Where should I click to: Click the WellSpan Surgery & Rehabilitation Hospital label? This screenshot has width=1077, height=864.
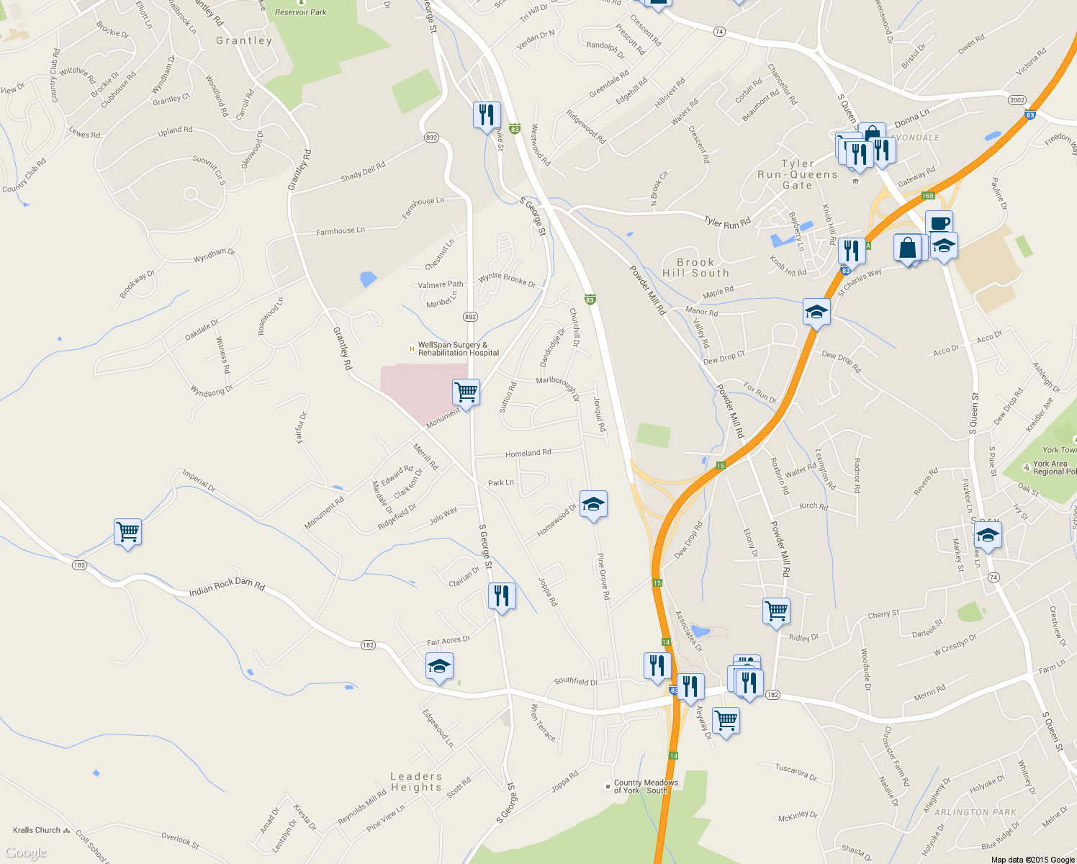click(458, 349)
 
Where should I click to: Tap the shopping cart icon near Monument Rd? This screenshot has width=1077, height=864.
click(466, 392)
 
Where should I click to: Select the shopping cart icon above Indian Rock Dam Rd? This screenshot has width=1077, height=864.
click(127, 532)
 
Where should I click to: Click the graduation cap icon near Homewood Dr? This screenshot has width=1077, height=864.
click(592, 504)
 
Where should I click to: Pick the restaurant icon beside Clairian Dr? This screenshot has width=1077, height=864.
click(502, 595)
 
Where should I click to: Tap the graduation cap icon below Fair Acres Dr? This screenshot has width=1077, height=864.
click(438, 666)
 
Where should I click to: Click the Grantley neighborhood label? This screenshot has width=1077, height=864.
click(244, 40)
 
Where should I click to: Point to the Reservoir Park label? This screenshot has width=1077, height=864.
click(300, 12)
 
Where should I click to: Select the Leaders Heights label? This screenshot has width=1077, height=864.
click(416, 782)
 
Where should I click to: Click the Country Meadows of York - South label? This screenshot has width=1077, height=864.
click(645, 786)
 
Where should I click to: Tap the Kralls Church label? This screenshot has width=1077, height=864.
click(37, 830)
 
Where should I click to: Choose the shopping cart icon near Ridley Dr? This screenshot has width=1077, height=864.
click(776, 611)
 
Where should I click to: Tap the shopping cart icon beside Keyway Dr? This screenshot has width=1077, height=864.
click(726, 719)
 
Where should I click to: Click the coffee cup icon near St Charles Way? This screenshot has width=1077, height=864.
click(939, 222)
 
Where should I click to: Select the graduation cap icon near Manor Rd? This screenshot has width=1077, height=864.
click(816, 312)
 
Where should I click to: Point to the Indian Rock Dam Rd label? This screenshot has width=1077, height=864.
click(227, 587)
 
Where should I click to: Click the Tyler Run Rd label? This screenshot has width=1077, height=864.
click(727, 222)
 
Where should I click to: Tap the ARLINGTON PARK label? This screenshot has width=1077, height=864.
click(975, 812)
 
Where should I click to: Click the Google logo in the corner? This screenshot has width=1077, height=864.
click(25, 853)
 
